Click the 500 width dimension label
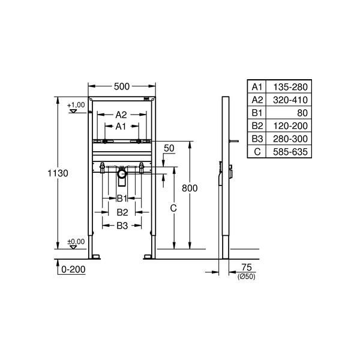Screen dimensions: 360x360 point(122,86)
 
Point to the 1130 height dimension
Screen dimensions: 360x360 point(58,173)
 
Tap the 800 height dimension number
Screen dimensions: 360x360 point(190,188)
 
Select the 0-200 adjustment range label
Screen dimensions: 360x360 point(73,269)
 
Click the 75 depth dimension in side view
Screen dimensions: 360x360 point(247,268)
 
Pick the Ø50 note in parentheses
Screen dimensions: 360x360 point(247,277)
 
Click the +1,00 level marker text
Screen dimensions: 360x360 point(76,105)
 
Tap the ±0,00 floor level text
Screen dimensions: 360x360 point(76,242)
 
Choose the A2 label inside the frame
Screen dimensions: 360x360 point(121,115)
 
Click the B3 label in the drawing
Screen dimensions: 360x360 point(122,226)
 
